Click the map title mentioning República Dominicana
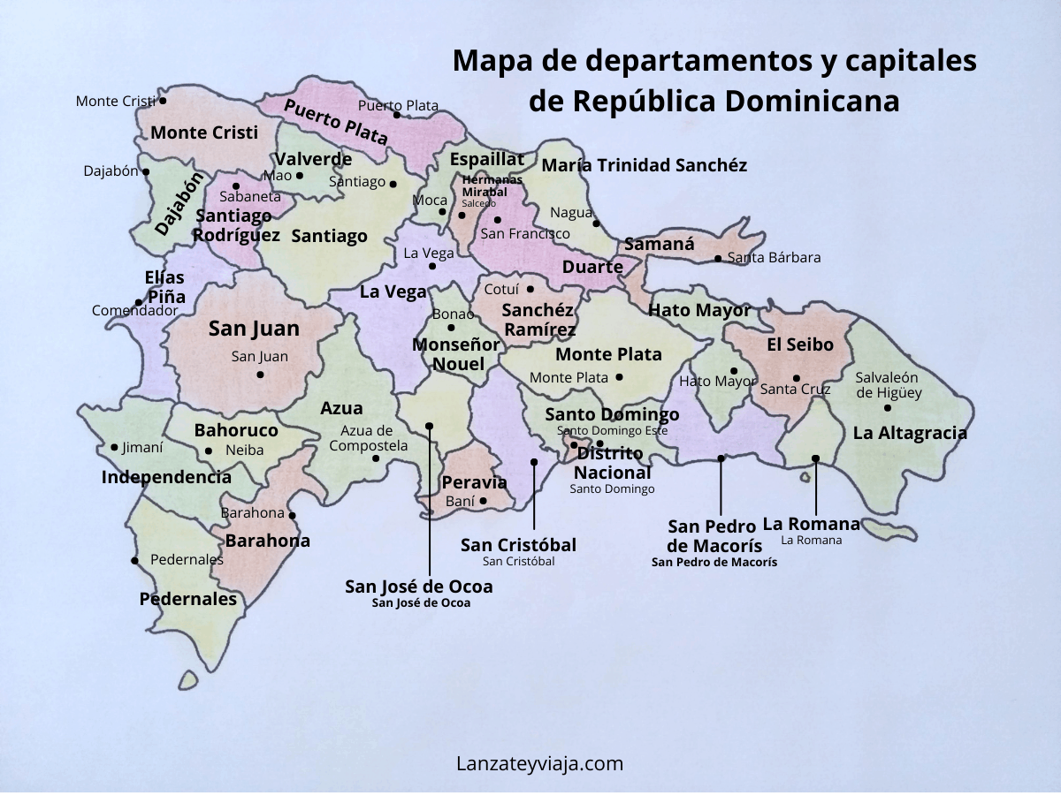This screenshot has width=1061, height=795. pos(714,81)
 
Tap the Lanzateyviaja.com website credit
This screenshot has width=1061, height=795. pos(539,763)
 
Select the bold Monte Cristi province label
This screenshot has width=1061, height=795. pos(204,133)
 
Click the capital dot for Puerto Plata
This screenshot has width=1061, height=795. pos(397,115)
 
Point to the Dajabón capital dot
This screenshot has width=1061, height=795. pos(146,172)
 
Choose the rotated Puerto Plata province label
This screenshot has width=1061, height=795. pos(336,123)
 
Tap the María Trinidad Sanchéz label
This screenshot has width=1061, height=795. pos(644,165)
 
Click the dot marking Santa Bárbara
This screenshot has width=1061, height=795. pos(718,259)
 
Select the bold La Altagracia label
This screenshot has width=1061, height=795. pos(910,434)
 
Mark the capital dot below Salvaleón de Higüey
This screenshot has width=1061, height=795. pos(888,408)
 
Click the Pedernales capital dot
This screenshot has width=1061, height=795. pos(134,561)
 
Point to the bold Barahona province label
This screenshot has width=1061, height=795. pos(268,541)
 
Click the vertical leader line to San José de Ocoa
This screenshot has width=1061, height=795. pos(430,503)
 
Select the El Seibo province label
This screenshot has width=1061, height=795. pos(799,345)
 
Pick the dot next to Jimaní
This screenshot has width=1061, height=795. pos(114,448)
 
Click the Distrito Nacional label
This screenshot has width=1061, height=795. pos(609,462)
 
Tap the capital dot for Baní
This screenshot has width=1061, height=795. pos(483,501)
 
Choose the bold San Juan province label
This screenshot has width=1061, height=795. pos(254,329)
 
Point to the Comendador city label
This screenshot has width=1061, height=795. pos(135,311)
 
